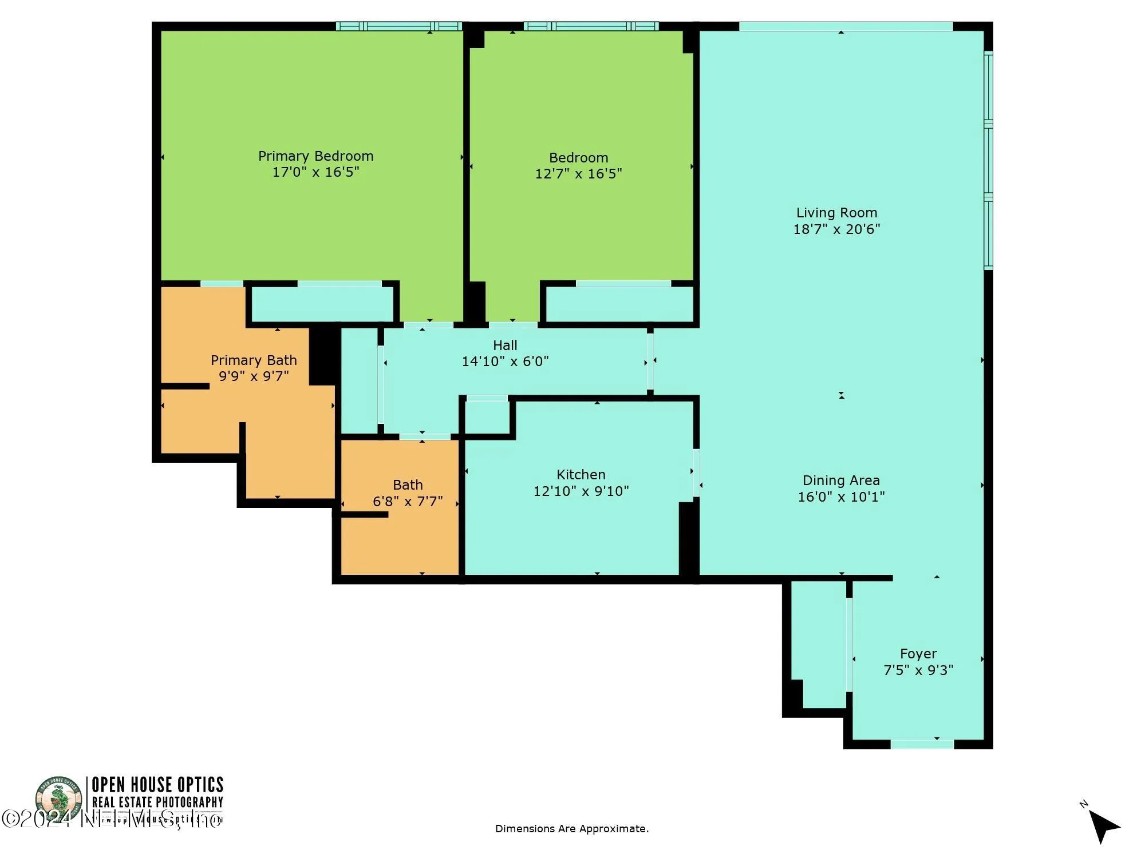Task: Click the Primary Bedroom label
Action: (x=315, y=156)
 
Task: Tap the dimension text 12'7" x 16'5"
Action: (x=578, y=174)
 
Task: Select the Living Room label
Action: (x=836, y=213)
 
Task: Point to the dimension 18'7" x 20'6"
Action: (x=836, y=229)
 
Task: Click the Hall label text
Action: (x=505, y=345)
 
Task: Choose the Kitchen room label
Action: (x=581, y=475)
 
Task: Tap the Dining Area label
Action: (x=841, y=480)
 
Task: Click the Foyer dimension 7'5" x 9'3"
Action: (x=918, y=670)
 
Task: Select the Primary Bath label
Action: (x=254, y=360)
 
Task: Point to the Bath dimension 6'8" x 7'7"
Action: (x=408, y=502)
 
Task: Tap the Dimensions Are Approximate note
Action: (x=571, y=829)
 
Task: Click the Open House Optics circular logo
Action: (x=58, y=799)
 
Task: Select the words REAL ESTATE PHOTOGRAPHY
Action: (x=157, y=803)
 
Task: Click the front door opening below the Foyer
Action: (x=922, y=744)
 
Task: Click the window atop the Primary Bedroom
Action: (x=398, y=26)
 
